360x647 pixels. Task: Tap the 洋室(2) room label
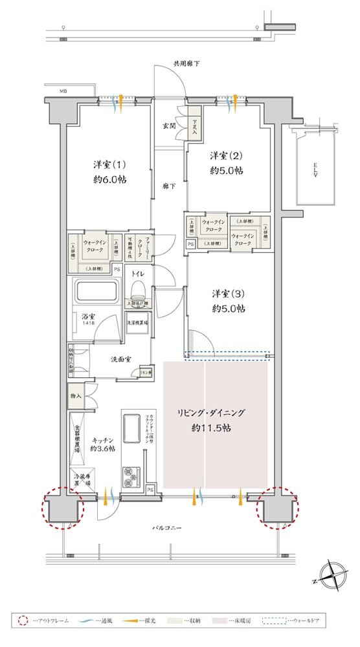pos(226,156)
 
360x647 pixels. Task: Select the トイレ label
pos(137,274)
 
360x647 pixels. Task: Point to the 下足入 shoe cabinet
pos(196,127)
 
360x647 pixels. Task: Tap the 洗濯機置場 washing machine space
pos(137,322)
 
